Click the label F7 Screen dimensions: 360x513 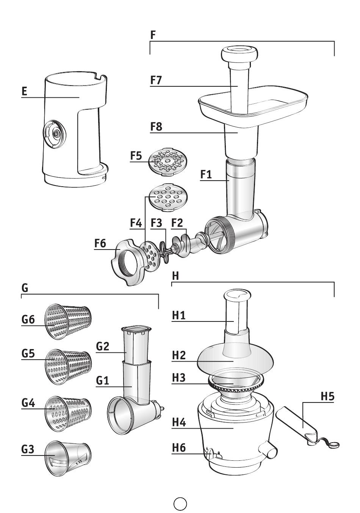click(x=156, y=80)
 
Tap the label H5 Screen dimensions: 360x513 click(x=327, y=396)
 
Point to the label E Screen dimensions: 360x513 click(x=24, y=91)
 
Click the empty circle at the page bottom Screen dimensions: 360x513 click(x=180, y=502)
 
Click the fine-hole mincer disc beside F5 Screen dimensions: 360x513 click(x=168, y=162)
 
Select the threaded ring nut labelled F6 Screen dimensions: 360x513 click(x=127, y=262)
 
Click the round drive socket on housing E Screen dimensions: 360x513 click(x=55, y=133)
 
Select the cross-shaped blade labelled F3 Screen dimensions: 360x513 click(x=166, y=251)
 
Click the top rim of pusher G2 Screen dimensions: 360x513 click(x=136, y=329)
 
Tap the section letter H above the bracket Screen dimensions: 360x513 click(x=175, y=276)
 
